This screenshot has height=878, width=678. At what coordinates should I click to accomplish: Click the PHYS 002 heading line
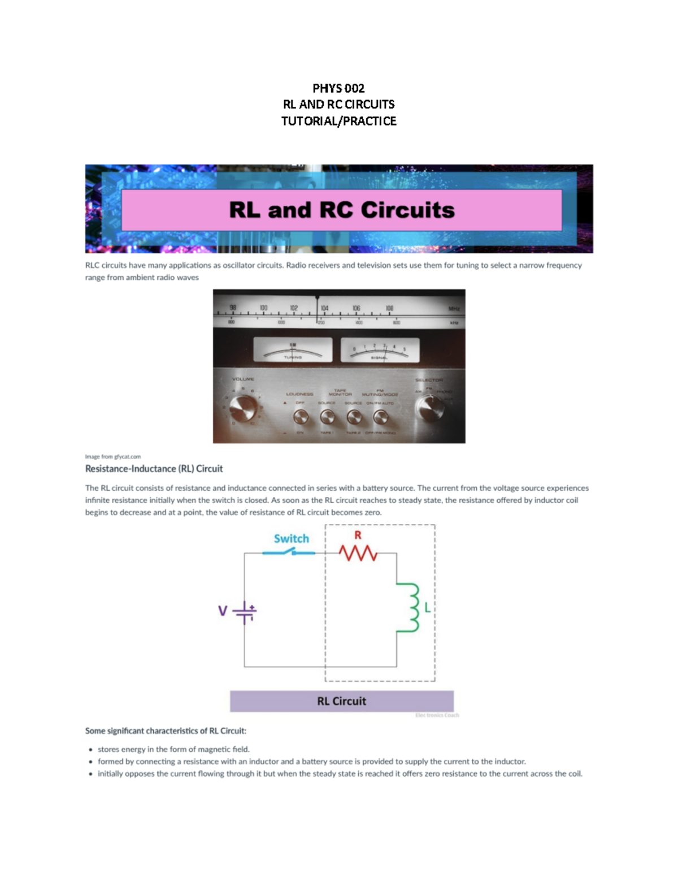point(338,88)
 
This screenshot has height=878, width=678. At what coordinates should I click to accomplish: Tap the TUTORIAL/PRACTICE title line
point(338,121)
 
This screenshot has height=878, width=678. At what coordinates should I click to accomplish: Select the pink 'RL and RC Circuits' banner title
point(341,210)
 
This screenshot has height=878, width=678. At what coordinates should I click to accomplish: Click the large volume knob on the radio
point(244,408)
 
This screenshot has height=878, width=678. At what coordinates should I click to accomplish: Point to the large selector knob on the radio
point(430,408)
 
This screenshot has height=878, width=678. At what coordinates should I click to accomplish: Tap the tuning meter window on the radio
point(292,351)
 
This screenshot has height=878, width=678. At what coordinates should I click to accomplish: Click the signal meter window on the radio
point(380,351)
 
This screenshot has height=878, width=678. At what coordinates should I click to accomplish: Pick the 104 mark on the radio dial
point(324,308)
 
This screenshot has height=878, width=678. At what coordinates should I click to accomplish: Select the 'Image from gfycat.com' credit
point(113,456)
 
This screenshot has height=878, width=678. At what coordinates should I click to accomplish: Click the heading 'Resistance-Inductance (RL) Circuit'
point(154,469)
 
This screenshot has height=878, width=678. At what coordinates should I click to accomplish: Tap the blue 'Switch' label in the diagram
point(292,538)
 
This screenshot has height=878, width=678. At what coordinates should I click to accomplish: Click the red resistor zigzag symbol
point(358,553)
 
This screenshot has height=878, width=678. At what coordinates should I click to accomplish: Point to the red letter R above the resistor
point(358,535)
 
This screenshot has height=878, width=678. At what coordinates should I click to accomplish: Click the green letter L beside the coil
point(428,608)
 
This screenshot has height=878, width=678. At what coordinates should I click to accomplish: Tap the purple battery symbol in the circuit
point(245,611)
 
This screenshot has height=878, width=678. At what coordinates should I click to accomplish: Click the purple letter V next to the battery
point(223,611)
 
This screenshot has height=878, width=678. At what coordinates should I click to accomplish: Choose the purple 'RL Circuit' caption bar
point(341,701)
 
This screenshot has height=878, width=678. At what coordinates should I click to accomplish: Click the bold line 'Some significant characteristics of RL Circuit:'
point(166,730)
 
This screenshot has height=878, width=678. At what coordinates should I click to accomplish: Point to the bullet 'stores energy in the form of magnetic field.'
point(173,749)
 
